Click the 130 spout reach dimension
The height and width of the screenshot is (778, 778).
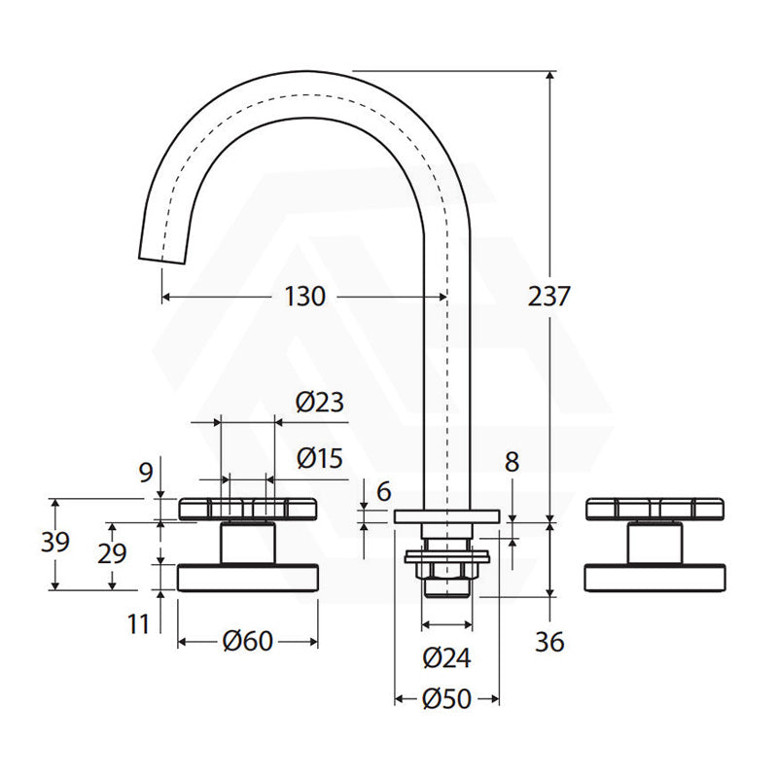pos(304,297)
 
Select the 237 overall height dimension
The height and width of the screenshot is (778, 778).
pos(548,297)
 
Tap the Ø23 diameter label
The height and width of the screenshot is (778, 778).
pos(320,402)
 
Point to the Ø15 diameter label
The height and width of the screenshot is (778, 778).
pos(320,458)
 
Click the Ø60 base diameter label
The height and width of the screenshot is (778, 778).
pos(248,641)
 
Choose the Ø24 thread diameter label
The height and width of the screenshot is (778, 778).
pos(446,658)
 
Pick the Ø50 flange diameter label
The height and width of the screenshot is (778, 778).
pos(446,698)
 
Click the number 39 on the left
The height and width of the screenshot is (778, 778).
pos(55,542)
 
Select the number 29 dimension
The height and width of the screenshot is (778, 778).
pos(112,553)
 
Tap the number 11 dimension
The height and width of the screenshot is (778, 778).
pos(138,623)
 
